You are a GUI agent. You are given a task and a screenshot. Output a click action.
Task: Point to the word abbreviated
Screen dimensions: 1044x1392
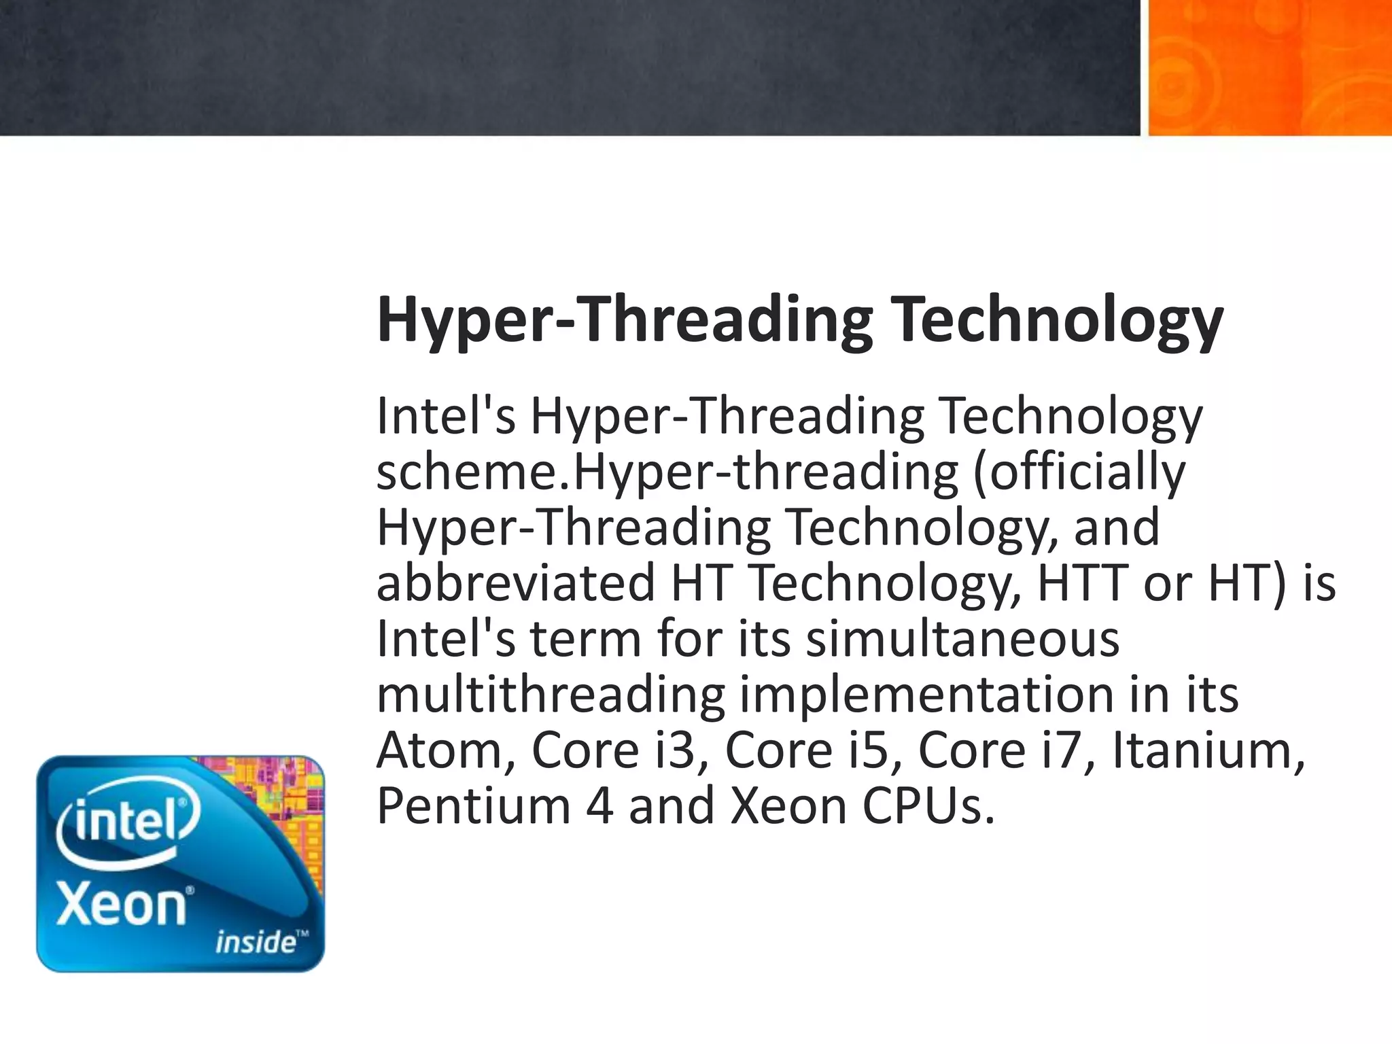(515, 583)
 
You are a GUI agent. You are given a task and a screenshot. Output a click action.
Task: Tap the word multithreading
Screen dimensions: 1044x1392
(551, 695)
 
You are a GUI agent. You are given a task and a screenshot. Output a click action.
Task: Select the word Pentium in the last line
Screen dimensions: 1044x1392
(473, 806)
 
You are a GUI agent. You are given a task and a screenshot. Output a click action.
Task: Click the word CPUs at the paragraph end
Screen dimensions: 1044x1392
(928, 806)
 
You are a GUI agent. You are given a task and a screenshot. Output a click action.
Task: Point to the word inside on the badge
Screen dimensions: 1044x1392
(256, 942)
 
